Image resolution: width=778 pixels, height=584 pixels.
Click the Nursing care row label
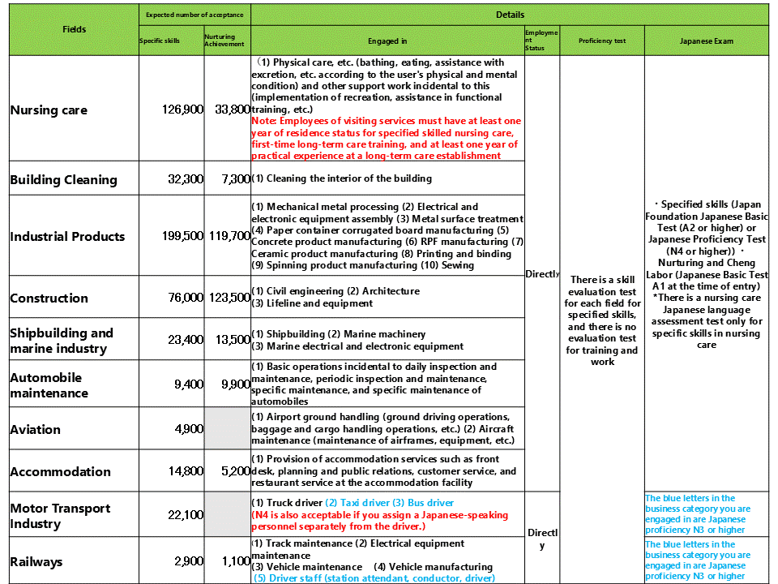point(49,110)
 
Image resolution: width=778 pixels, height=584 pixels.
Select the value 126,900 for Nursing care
point(183,109)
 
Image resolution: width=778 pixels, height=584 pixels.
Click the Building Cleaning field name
point(63,179)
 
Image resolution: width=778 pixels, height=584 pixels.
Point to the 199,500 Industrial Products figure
point(183,236)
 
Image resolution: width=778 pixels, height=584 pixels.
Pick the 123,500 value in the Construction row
point(229,298)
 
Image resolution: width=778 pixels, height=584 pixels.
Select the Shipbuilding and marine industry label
point(62,341)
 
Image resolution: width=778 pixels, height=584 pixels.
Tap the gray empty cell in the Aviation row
point(227,429)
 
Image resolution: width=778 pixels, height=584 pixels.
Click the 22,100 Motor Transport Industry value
point(186,516)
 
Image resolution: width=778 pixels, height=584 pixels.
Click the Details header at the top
point(510,15)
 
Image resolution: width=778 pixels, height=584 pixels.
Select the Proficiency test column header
point(602,41)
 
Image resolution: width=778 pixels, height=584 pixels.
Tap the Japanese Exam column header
point(707,41)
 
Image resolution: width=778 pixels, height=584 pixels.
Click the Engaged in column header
point(387,41)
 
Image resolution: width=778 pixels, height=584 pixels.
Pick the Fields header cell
point(74,29)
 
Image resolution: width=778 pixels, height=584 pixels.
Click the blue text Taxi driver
point(357,503)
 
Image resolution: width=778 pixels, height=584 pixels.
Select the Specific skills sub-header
point(160,41)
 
